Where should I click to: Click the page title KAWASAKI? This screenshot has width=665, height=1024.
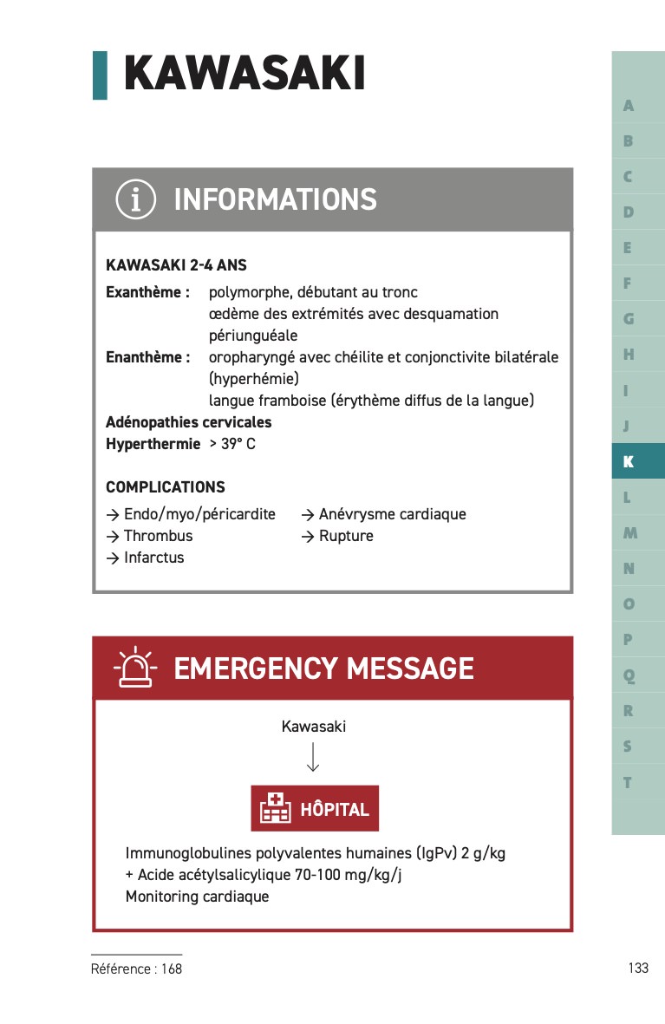244,73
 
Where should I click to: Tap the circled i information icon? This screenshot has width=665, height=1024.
136,199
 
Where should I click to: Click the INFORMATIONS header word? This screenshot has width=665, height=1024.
275,200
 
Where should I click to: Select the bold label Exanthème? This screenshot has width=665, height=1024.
147,292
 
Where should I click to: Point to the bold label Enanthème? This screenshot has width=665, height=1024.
147,357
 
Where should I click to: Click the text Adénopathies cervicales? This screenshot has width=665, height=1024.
188,422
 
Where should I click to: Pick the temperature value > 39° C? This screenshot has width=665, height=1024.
232,444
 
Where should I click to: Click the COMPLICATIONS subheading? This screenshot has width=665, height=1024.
165,487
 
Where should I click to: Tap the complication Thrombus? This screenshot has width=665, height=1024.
158,536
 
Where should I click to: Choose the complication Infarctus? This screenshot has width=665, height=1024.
153,558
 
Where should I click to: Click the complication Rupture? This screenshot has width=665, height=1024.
346,536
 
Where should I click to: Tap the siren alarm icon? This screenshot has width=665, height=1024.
134,669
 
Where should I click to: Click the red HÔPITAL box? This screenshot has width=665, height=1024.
315,809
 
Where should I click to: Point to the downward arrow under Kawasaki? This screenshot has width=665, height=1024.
314,757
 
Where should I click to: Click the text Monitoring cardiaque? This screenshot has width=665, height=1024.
197,897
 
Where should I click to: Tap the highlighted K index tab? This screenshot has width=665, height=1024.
629,462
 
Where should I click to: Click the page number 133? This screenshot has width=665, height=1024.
638,969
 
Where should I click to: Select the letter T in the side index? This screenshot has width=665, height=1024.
628,783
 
